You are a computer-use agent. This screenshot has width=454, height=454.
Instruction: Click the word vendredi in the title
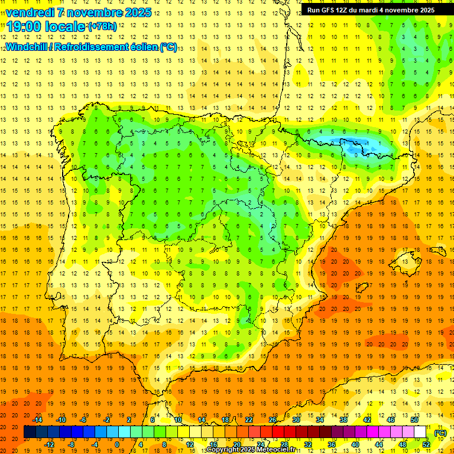tap(30, 12)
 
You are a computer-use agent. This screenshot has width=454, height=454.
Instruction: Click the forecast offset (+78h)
tap(102, 27)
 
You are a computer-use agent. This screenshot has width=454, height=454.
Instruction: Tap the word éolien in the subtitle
tap(145, 47)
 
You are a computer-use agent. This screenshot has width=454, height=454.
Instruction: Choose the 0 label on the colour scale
tap(116, 445)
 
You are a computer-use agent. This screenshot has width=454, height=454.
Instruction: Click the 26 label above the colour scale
tap(273, 420)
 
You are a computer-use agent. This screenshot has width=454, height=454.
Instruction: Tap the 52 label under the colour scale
tap(426, 445)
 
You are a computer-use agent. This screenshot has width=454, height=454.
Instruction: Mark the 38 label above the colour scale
tap(343, 420)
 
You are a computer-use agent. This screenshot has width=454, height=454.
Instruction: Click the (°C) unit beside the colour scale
tap(440, 433)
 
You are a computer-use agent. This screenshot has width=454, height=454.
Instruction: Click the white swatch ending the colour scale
tap(420, 432)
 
